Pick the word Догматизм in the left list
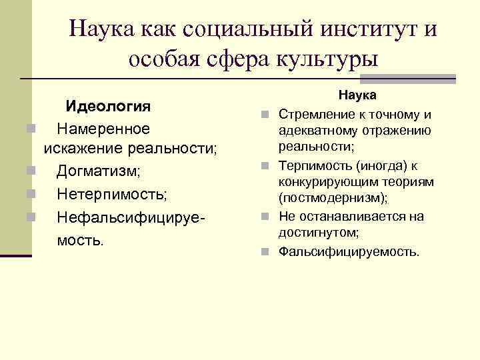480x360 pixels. [98, 171]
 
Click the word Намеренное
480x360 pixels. [103, 127]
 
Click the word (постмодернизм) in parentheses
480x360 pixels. [333, 199]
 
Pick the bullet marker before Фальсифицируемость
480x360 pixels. [265, 252]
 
